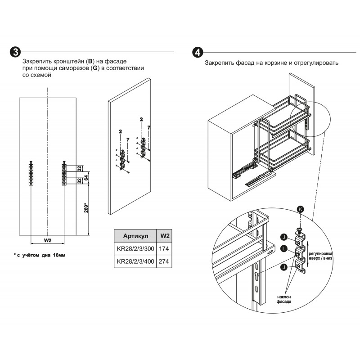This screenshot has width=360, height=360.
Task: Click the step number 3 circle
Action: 16,52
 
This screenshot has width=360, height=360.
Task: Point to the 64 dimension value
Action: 86,176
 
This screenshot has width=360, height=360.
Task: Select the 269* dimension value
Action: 86,209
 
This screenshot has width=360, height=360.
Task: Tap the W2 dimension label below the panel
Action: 47,241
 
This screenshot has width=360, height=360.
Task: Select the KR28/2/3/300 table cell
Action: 135,249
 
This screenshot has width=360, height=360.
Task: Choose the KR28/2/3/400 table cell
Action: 135,261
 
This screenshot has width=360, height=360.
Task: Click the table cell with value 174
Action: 165,249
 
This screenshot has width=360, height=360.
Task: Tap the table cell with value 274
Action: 165,261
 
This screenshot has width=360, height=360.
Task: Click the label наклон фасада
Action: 285,299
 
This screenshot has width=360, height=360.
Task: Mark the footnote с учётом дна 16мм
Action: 40,255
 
